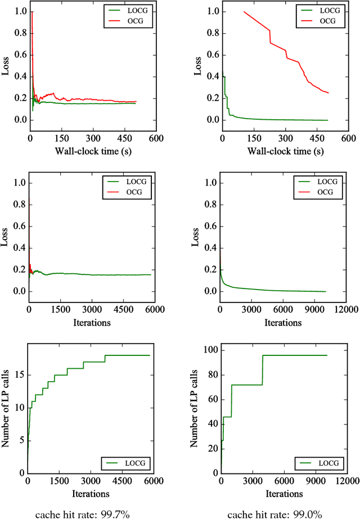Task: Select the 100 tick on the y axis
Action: click(209, 350)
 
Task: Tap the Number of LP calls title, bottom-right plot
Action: click(195, 409)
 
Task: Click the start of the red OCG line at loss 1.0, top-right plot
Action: click(244, 12)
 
